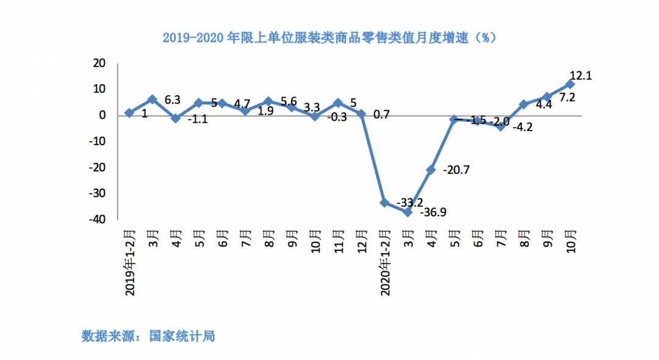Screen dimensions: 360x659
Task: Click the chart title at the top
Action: pos(329,38)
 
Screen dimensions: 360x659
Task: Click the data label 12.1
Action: pos(581,76)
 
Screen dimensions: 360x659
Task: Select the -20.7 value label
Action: pos(456,170)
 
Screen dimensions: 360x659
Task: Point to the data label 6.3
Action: pos(173,99)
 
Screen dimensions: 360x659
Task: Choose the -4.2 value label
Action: pos(522,128)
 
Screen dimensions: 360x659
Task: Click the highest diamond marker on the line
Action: pos(570,84)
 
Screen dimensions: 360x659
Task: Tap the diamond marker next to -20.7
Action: pos(431,170)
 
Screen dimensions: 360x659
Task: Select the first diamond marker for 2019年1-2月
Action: pos(129,113)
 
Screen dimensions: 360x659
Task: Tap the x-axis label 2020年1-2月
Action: pos(384,262)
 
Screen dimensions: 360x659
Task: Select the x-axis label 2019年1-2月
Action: pos(130,262)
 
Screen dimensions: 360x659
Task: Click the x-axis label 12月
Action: pos(361,240)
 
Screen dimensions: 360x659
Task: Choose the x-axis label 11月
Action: pos(338,240)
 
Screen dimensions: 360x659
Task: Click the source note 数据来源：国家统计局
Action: pos(148,336)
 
